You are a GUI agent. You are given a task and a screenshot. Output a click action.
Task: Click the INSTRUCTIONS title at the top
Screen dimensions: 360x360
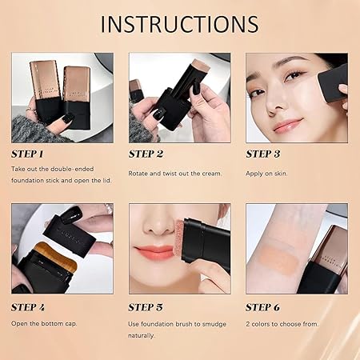[x=179, y=23]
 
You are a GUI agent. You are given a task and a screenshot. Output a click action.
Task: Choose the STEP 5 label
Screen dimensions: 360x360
[x=146, y=306]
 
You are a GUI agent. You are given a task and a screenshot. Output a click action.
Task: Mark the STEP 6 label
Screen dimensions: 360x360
[x=263, y=306]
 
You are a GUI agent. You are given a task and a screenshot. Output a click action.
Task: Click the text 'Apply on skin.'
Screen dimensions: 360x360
[x=266, y=173]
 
